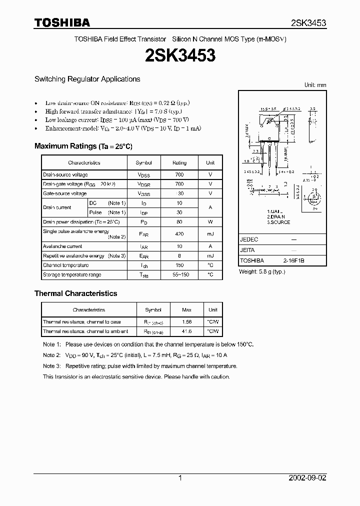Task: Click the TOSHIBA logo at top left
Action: (62, 22)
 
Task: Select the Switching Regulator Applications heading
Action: (87, 79)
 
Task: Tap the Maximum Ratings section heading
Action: (83, 146)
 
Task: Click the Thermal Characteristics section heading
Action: (75, 293)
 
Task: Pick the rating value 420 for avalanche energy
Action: (179, 234)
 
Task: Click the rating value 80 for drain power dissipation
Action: (179, 221)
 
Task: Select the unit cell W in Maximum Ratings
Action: (210, 221)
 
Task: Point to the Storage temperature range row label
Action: (72, 274)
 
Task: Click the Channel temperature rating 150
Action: (179, 265)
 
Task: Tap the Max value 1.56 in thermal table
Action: (187, 322)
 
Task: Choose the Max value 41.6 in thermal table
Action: (187, 331)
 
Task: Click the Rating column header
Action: (179, 162)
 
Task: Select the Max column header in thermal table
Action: (187, 310)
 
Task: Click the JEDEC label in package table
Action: (248, 239)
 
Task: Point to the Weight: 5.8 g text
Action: (262, 272)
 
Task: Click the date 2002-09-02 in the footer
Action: (307, 478)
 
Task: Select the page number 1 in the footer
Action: (180, 478)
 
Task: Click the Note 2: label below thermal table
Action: (52, 355)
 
